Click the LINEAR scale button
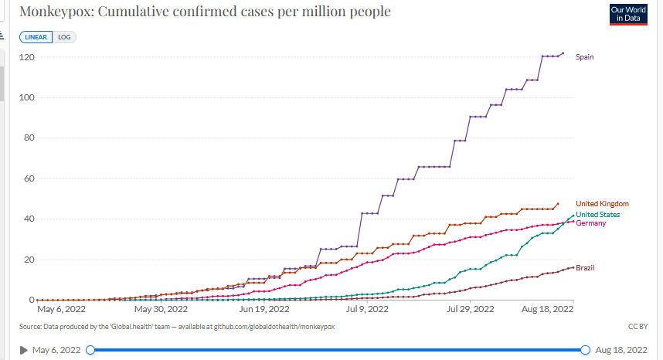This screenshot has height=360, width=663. [x=37, y=37]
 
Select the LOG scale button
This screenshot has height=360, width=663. [x=64, y=37]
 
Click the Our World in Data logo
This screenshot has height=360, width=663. [x=628, y=14]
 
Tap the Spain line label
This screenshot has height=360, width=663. [x=584, y=57]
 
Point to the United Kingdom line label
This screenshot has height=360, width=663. [x=602, y=204]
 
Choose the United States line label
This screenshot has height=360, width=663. [x=597, y=215]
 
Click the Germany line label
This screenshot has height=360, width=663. [x=591, y=223]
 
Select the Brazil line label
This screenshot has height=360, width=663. [x=585, y=267]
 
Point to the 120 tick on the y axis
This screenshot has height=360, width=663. [x=26, y=58]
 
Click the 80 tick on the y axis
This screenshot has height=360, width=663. [x=29, y=138]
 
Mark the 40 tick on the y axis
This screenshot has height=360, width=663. [x=29, y=219]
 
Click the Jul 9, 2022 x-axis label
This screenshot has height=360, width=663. [x=368, y=309]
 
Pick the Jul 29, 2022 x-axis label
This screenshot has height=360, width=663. [x=471, y=309]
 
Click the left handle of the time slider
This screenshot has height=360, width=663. [x=90, y=350]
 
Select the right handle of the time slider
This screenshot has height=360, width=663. [x=585, y=350]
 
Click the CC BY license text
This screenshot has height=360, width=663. [x=638, y=327]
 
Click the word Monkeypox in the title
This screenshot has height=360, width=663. [x=53, y=12]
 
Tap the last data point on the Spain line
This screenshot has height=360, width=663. [x=563, y=53]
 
